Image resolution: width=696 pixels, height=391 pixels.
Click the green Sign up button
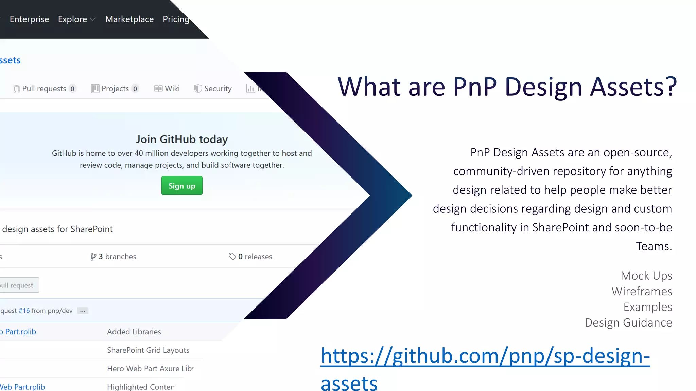[x=182, y=186]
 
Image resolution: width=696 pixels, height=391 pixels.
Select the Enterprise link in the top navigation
[x=29, y=19]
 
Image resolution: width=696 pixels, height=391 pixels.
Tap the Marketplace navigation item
[x=129, y=19]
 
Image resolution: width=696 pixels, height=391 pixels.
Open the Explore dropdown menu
[x=76, y=19]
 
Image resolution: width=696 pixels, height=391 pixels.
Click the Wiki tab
[x=167, y=89]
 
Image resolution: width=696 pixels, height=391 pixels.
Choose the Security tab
[x=213, y=89]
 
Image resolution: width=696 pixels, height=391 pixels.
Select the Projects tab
[x=115, y=89]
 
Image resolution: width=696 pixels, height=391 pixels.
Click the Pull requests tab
[x=44, y=89]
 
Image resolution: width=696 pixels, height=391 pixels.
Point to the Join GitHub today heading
[x=182, y=139]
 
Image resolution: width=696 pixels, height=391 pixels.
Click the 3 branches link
[x=114, y=257]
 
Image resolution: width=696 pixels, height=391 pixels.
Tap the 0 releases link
[x=251, y=257]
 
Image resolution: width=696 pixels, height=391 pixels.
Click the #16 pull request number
[x=24, y=311]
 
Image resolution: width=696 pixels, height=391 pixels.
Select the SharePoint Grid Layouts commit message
[x=148, y=350]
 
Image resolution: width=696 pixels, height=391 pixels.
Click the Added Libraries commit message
[x=134, y=332]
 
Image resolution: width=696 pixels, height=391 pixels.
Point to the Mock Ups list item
[x=646, y=276]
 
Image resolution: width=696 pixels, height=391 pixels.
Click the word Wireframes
[x=642, y=291]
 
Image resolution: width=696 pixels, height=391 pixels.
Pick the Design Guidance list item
[x=628, y=322]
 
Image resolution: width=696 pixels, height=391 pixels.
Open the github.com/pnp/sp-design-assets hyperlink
[x=485, y=356]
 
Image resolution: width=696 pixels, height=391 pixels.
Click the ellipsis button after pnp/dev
[x=83, y=311]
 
